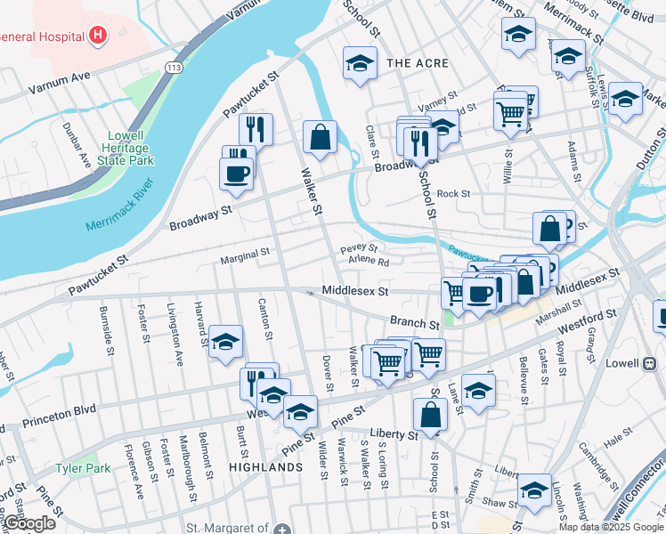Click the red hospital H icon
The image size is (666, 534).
pyautogui.click(x=98, y=36)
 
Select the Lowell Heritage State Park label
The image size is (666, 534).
pyautogui.click(x=126, y=148)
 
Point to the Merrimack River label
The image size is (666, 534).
pyautogui.click(x=120, y=206)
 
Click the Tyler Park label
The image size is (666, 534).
pyautogui.click(x=83, y=468)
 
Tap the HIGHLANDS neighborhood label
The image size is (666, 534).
pyautogui.click(x=265, y=467)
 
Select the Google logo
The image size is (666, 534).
pyautogui.click(x=28, y=523)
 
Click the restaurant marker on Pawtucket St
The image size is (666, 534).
pyautogui.click(x=256, y=129)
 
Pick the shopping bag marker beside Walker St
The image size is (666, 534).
pyautogui.click(x=319, y=137)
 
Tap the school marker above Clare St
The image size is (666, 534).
pyautogui.click(x=359, y=63)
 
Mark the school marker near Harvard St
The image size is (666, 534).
pyautogui.click(x=226, y=342)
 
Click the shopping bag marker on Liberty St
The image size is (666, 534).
pyautogui.click(x=430, y=414)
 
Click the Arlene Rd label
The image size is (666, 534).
pyautogui.click(x=369, y=263)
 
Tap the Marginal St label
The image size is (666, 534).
pyautogui.click(x=245, y=254)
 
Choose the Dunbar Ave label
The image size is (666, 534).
pyautogui.click(x=84, y=153)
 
